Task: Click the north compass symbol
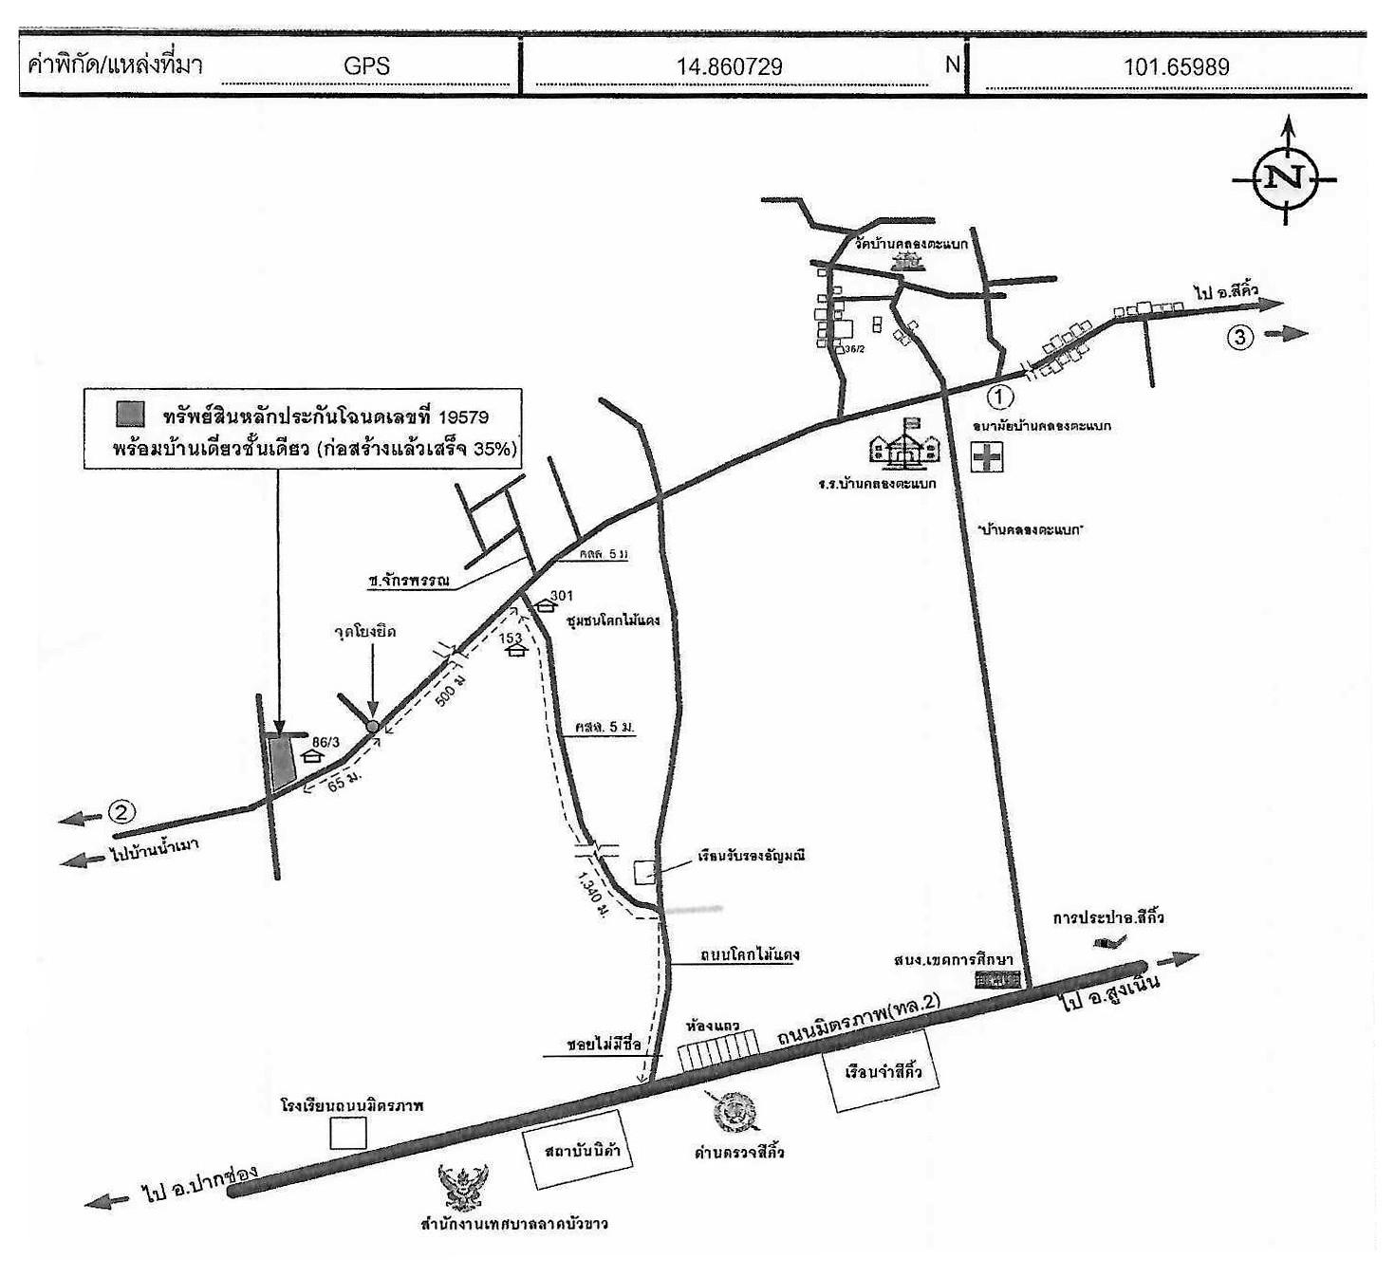click(1286, 177)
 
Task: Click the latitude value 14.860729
click(729, 66)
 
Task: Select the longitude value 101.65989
click(1176, 66)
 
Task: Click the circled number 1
click(1000, 396)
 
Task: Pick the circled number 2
click(121, 812)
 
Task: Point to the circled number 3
click(1240, 336)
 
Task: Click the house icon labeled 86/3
click(310, 755)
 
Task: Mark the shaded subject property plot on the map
click(280, 761)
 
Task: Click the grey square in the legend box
click(130, 414)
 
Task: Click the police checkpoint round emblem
click(735, 1112)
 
